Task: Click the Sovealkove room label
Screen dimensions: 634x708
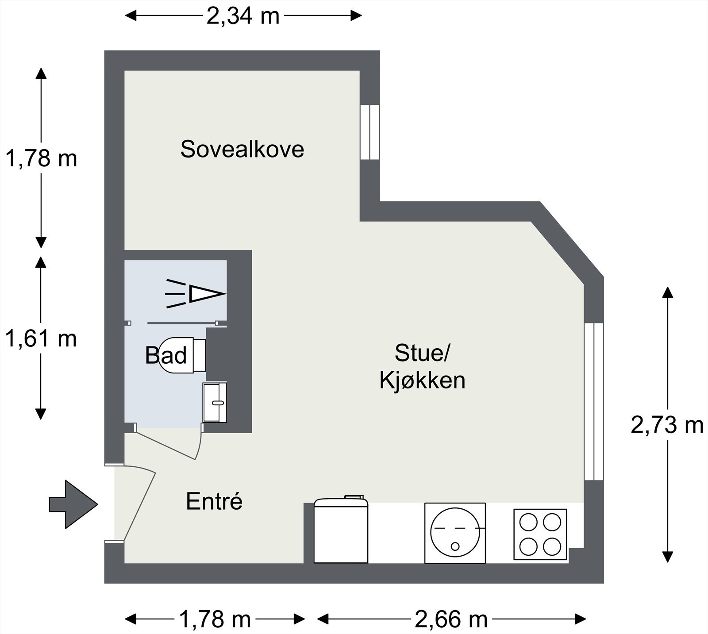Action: (x=242, y=150)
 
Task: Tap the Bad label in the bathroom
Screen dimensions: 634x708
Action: (x=166, y=355)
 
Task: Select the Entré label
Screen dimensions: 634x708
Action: (x=214, y=502)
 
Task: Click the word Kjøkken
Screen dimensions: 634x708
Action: (x=422, y=380)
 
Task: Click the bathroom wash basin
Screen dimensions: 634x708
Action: (x=215, y=402)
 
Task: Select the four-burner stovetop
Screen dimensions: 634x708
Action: (x=540, y=534)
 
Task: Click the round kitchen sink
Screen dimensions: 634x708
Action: (x=455, y=533)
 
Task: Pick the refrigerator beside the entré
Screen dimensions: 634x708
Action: (x=341, y=530)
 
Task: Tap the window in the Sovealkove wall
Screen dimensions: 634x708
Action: (x=369, y=132)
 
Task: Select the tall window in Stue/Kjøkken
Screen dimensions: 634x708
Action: (x=594, y=401)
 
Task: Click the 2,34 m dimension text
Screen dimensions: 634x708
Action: (x=243, y=17)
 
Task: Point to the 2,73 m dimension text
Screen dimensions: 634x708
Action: (x=666, y=426)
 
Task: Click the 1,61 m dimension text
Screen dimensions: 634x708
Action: (x=41, y=339)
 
